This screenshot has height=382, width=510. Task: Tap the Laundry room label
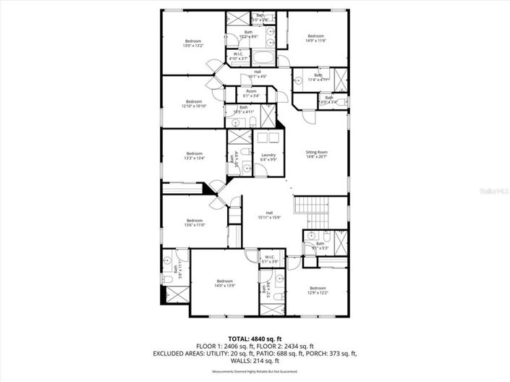[269, 157]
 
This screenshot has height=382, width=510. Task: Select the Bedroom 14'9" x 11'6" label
[316, 38]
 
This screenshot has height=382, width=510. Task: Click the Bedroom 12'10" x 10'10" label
[194, 103]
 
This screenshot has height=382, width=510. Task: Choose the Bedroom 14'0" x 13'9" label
[224, 283]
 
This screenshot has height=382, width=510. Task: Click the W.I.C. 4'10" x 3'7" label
[238, 56]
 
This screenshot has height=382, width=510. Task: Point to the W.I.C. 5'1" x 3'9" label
[269, 258]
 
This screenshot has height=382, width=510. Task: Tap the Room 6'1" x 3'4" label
[251, 93]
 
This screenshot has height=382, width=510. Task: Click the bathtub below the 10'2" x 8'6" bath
[263, 59]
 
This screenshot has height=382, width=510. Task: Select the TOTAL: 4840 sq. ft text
[254, 339]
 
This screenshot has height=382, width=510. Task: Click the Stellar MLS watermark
[495, 190]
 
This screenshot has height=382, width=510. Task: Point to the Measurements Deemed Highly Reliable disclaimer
[254, 372]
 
